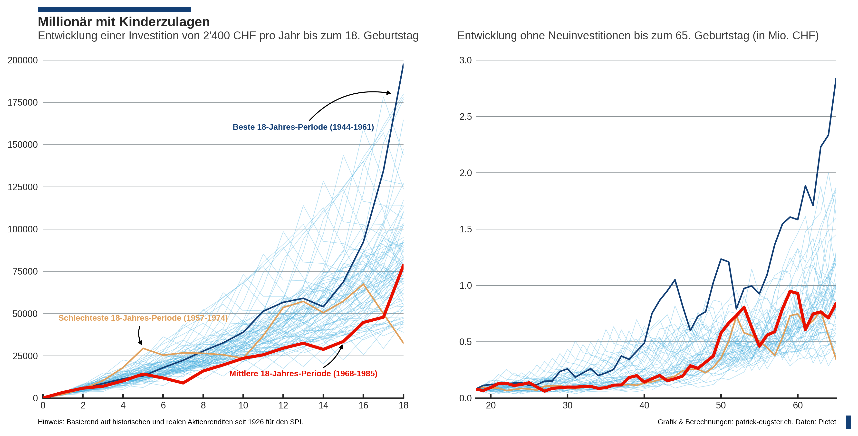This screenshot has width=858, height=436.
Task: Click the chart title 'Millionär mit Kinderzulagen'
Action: coord(124,22)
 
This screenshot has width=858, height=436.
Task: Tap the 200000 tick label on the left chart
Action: coord(23,60)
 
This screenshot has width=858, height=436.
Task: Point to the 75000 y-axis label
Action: coord(25,271)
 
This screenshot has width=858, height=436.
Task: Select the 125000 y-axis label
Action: coord(23,187)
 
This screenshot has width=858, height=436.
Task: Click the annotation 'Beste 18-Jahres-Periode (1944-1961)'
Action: coord(303,127)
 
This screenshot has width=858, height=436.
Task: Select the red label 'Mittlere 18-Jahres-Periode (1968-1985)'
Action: coord(303,374)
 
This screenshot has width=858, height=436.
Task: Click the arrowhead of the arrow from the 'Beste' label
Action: coord(389,93)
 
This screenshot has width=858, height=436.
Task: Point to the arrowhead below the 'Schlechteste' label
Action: coord(141,343)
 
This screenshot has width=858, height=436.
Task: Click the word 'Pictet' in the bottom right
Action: coord(827,422)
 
